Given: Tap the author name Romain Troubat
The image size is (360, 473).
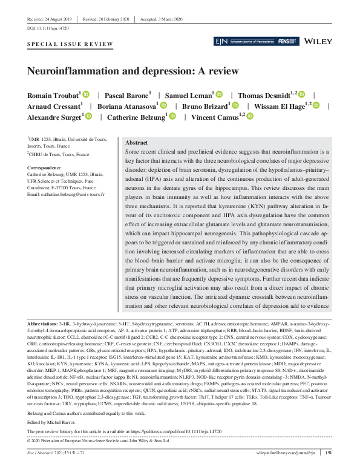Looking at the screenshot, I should point(53,95).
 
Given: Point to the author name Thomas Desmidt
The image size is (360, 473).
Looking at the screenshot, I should point(263,95).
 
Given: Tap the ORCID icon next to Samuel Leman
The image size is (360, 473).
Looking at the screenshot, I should point(219,95).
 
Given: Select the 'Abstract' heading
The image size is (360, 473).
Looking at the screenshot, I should point(136,141).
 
